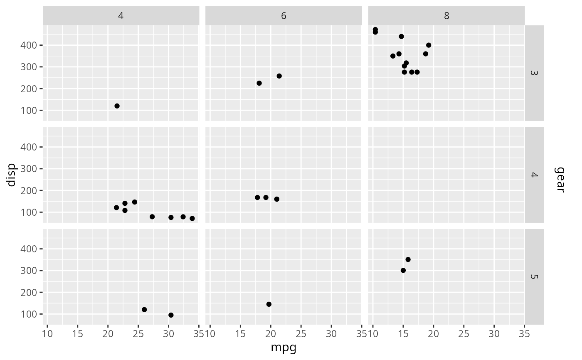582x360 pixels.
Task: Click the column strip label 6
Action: (x=284, y=16)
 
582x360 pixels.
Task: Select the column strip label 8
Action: (x=446, y=16)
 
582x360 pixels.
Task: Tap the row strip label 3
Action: (x=534, y=73)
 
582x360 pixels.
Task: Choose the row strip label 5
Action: (x=534, y=276)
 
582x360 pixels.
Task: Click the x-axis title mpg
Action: (x=284, y=348)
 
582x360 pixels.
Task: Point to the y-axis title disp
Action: (x=11, y=175)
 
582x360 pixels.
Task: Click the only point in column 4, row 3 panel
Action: (x=117, y=106)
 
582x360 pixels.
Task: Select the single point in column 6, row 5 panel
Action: (x=269, y=304)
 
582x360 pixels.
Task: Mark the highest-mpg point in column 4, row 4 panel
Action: (x=192, y=218)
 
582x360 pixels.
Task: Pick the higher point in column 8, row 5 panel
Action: (x=408, y=259)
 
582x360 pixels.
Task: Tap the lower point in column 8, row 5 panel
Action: (x=403, y=270)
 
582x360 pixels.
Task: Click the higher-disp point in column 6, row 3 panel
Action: (x=279, y=76)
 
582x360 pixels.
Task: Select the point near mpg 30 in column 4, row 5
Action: (x=171, y=315)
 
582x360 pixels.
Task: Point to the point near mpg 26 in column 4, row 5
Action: (x=144, y=310)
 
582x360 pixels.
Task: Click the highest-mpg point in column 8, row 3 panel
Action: (x=429, y=45)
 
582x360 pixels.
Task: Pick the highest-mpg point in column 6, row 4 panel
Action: (x=277, y=199)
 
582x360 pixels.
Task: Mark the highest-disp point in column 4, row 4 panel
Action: (x=135, y=202)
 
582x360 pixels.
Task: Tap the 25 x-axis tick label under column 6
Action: (x=301, y=334)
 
